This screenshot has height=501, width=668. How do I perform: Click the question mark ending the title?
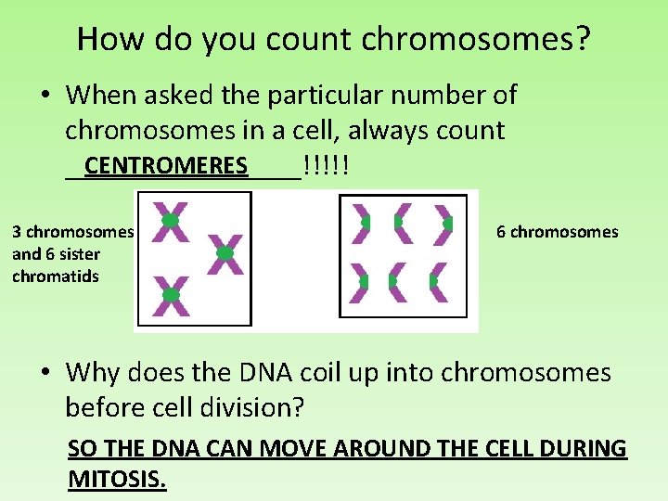pyautogui.click(x=581, y=39)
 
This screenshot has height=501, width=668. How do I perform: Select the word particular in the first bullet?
pyautogui.click(x=322, y=95)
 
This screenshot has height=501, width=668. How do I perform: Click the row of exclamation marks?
pyautogui.click(x=325, y=166)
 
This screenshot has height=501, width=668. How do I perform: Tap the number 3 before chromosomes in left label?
pyautogui.click(x=17, y=232)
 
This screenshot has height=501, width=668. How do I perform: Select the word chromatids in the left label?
pyautogui.click(x=56, y=276)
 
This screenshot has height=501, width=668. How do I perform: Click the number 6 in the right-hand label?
pyautogui.click(x=501, y=232)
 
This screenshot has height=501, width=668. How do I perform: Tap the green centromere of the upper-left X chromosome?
pyautogui.click(x=171, y=222)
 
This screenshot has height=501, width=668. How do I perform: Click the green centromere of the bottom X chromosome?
pyautogui.click(x=171, y=295)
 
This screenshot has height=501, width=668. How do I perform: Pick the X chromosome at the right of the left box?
pyautogui.click(x=225, y=253)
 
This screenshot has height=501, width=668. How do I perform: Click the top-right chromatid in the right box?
pyautogui.click(x=443, y=224)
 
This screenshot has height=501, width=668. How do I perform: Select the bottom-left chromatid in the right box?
pyautogui.click(x=359, y=281)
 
